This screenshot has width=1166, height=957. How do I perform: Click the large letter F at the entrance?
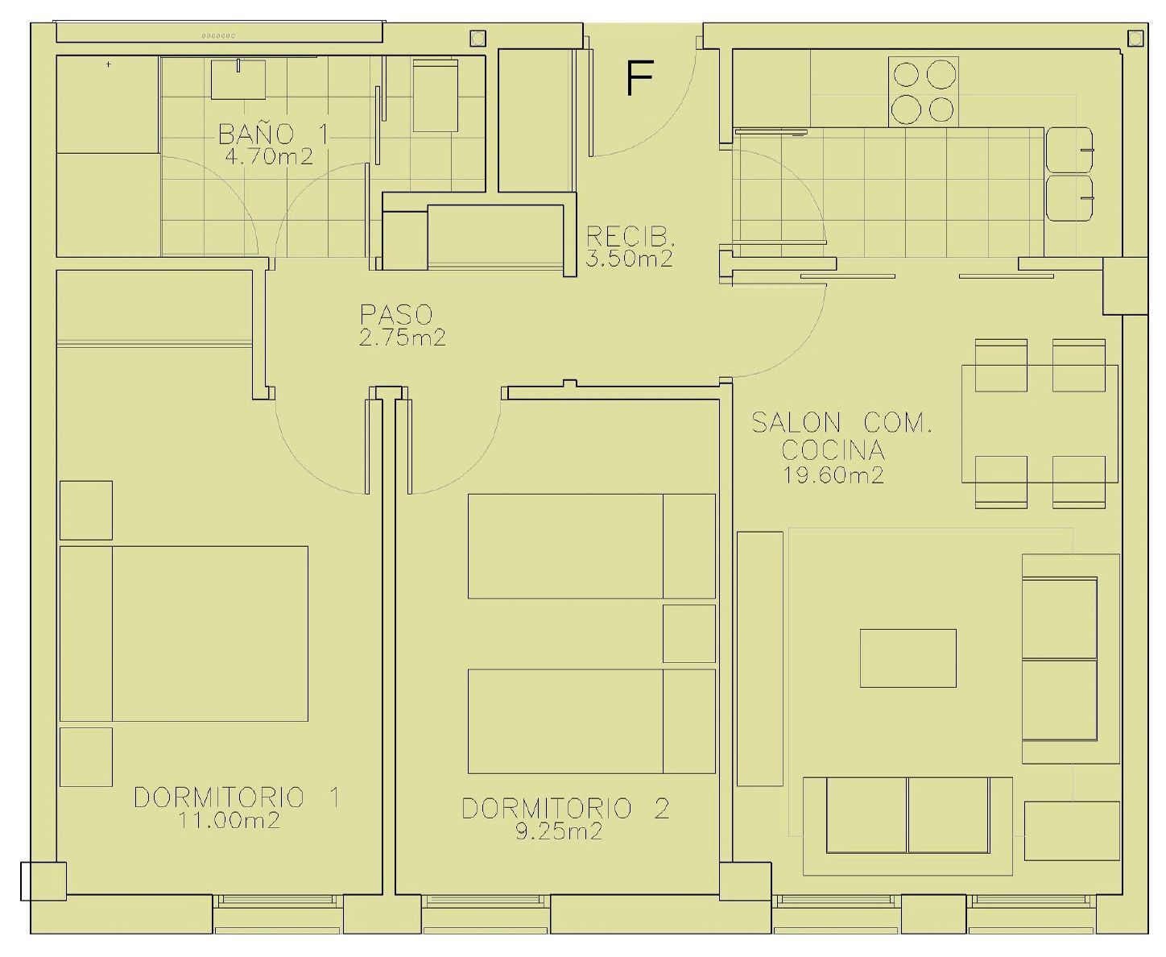tap(639, 79)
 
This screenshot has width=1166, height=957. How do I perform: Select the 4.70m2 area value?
tap(268, 156)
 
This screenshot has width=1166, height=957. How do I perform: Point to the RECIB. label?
tap(630, 237)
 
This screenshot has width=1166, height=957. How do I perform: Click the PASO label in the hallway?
tap(396, 314)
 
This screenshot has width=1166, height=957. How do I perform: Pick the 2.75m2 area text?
tap(402, 338)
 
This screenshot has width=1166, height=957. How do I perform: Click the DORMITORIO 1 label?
tap(237, 797)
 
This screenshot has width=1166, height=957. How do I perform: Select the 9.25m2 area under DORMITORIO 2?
tap(559, 831)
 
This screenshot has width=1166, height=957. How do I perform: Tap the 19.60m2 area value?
tap(833, 475)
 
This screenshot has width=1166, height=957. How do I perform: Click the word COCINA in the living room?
tap(833, 449)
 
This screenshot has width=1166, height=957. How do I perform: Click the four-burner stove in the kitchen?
tap(924, 91)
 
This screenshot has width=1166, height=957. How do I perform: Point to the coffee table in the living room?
tap(908, 658)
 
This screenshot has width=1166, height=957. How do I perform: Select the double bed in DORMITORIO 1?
tap(185, 633)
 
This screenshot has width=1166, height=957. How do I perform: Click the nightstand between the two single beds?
tap(688, 633)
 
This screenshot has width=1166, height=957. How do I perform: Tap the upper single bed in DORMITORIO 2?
tap(591, 546)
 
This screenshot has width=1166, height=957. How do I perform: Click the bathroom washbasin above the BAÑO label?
tap(238, 79)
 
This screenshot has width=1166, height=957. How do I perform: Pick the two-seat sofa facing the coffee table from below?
tap(908, 815)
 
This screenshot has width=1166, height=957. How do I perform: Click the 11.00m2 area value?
tap(229, 821)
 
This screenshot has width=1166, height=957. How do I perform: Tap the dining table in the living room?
tap(1040, 424)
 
